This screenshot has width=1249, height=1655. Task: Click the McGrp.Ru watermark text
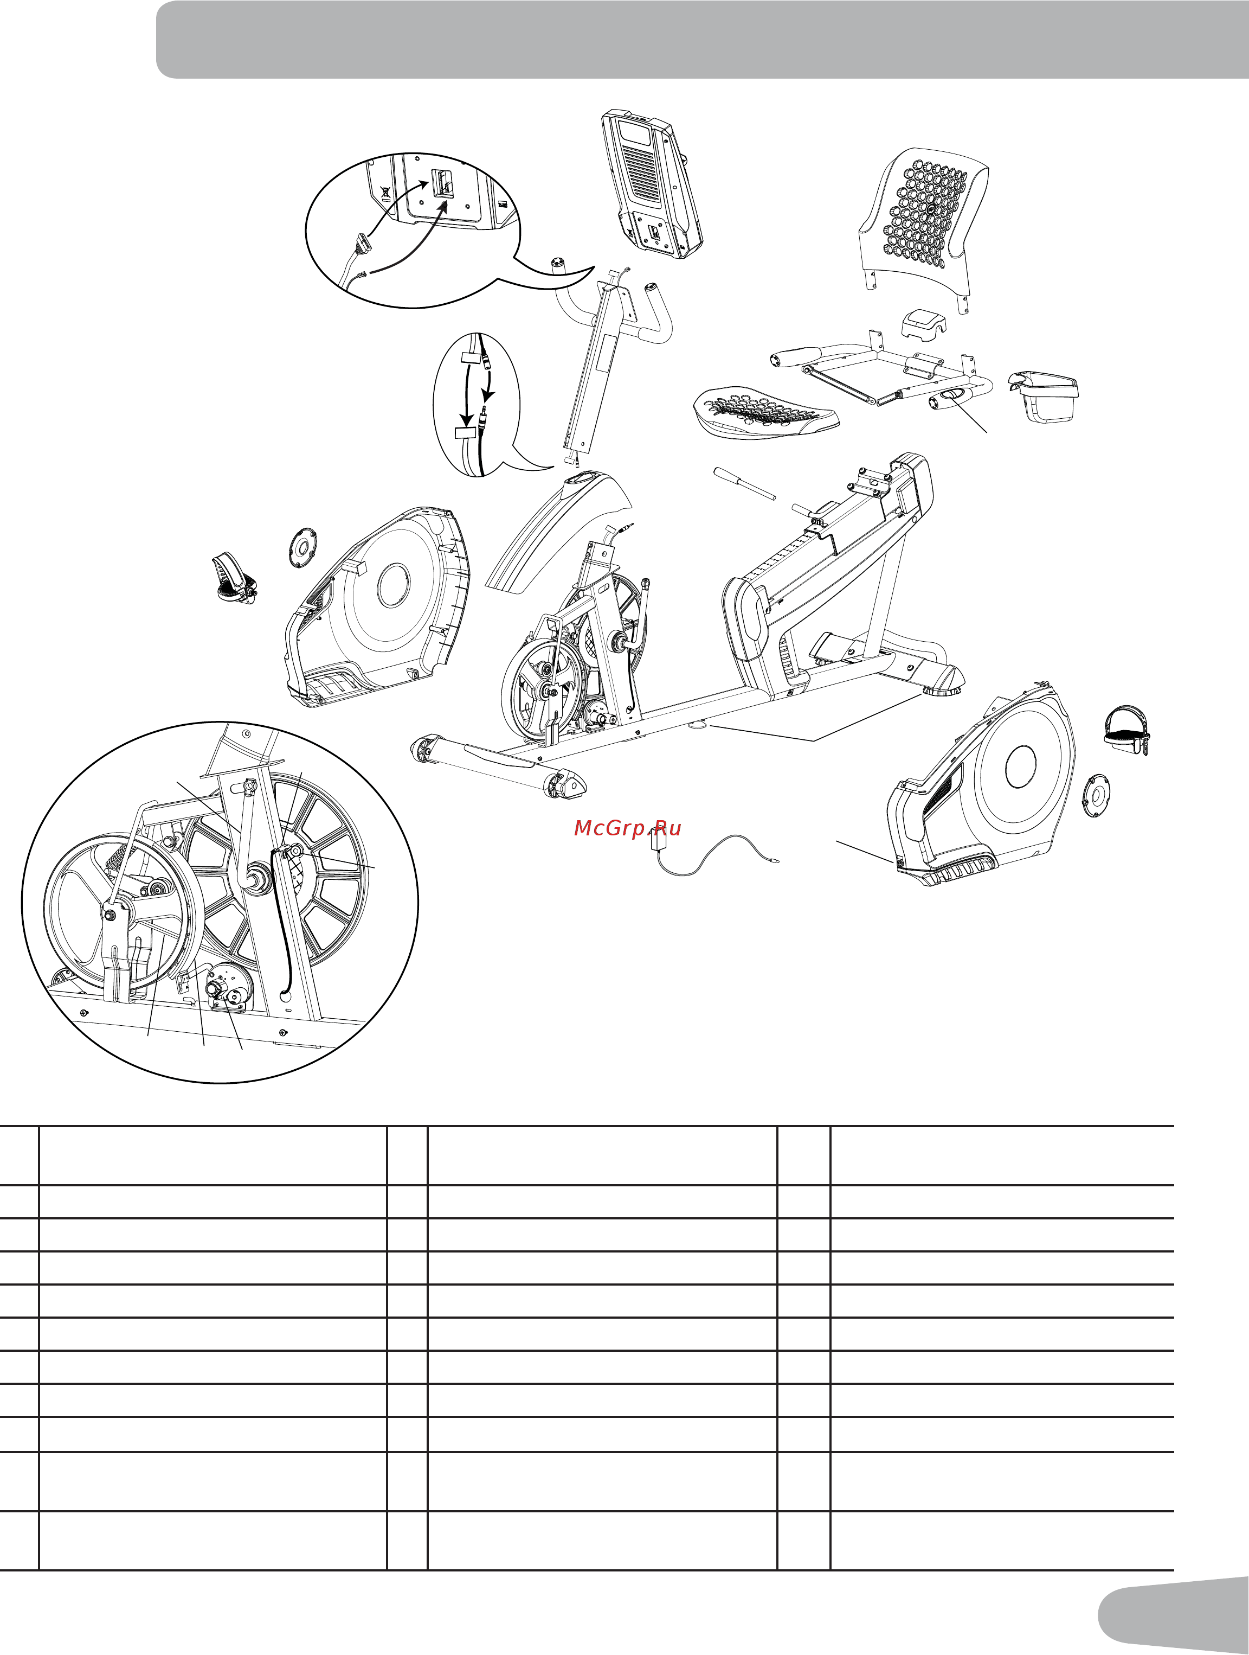628,828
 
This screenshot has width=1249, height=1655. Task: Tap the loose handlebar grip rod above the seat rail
744,483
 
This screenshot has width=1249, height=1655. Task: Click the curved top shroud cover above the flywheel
557,531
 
